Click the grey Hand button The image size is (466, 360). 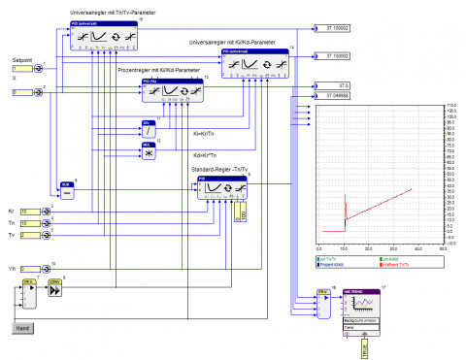[23, 329]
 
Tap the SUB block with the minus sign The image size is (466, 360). [67, 191]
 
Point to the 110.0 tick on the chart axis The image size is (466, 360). [451, 104]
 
